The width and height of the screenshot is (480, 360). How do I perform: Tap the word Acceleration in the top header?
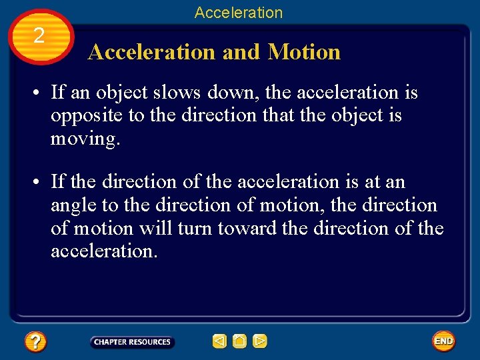[x=239, y=13]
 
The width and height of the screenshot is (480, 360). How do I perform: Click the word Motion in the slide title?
[x=304, y=52]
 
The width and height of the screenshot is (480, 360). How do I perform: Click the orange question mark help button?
[x=35, y=342]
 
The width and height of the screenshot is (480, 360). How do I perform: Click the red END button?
[x=443, y=341]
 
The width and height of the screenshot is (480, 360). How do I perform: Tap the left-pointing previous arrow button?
[x=219, y=342]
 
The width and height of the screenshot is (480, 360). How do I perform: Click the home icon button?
[x=239, y=342]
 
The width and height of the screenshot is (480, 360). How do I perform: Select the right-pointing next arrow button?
[x=260, y=342]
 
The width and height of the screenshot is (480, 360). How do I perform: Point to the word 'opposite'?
[x=87, y=116]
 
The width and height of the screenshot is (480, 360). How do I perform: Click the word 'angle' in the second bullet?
[x=73, y=205]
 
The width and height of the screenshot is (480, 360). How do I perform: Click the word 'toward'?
[x=247, y=228]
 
